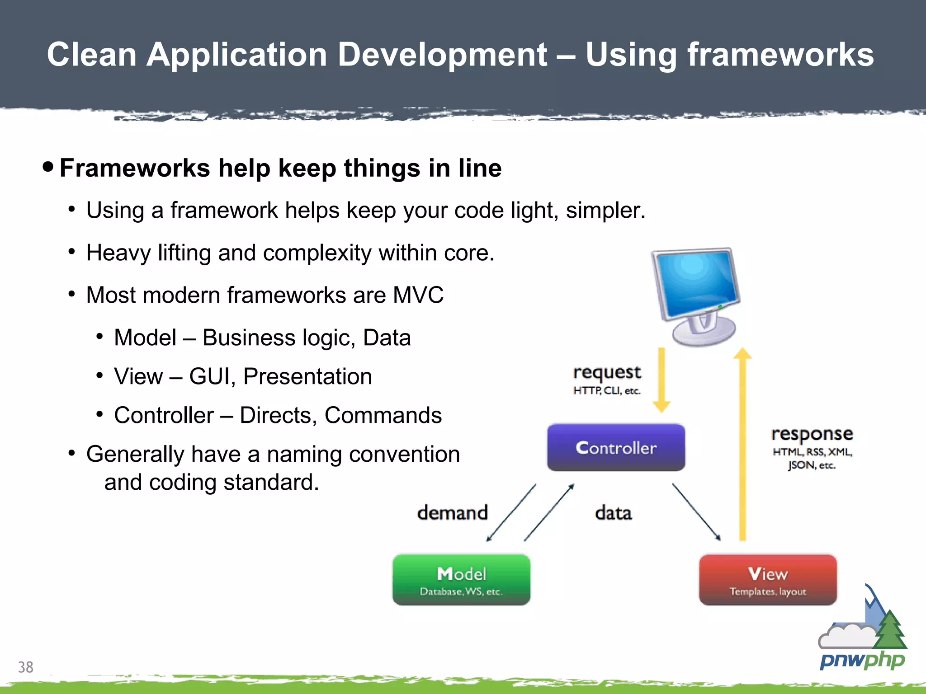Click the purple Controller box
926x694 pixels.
(616, 447)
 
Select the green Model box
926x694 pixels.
(461, 580)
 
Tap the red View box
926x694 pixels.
(768, 580)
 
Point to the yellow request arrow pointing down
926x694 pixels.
(661, 380)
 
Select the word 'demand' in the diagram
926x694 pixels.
(452, 513)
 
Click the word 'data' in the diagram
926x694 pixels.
(613, 513)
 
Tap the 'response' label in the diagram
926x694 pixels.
(812, 434)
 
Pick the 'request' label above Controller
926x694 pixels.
(607, 372)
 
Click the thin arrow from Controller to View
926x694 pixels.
(696, 512)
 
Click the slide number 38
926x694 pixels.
(26, 667)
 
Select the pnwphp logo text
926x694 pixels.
(862, 661)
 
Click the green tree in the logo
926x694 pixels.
(890, 630)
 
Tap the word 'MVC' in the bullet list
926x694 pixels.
(418, 295)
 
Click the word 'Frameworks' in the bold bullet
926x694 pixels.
(135, 168)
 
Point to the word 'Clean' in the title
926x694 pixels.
(92, 54)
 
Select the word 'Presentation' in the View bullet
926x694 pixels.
(307, 376)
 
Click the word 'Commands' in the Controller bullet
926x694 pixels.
(383, 415)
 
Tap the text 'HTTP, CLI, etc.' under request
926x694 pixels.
(607, 390)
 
